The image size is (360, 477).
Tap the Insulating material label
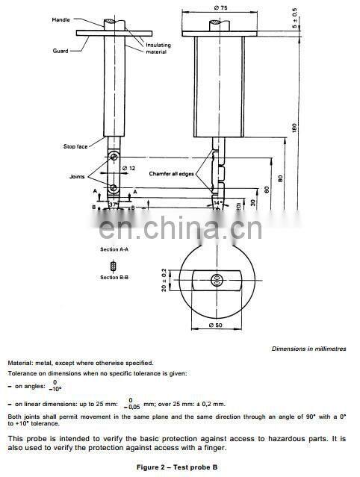click(x=158, y=48)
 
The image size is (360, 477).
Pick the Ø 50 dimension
click(x=216, y=326)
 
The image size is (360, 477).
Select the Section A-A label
click(x=114, y=249)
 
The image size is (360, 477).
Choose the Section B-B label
click(x=114, y=277)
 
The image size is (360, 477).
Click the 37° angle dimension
click(x=113, y=204)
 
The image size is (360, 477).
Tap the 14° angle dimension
click(x=218, y=202)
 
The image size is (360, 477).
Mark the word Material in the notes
click(x=22, y=363)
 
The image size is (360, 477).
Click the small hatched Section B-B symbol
click(x=114, y=266)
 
